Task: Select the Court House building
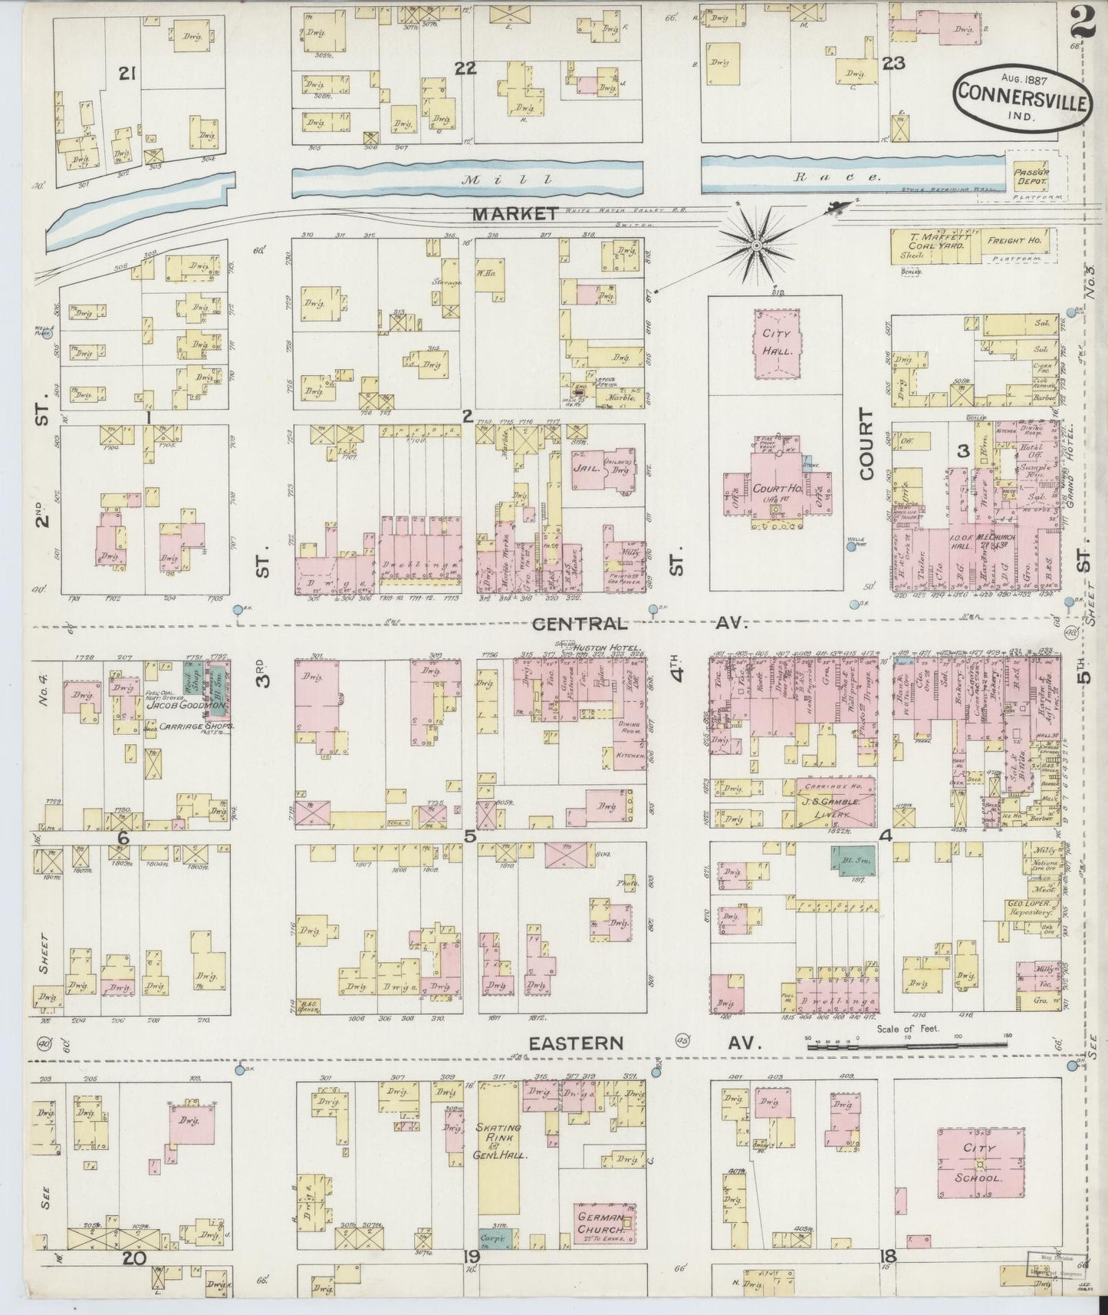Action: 774,491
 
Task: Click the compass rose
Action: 756,246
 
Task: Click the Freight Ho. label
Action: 1018,241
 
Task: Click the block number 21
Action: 127,73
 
